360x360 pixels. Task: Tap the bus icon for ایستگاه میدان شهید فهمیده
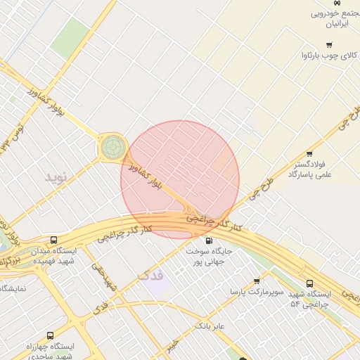54,240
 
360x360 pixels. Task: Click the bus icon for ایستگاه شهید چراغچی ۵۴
309,283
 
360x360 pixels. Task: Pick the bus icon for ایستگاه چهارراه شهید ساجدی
49,336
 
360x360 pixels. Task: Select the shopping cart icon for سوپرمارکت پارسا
257,281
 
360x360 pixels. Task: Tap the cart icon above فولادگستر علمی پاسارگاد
309,154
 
